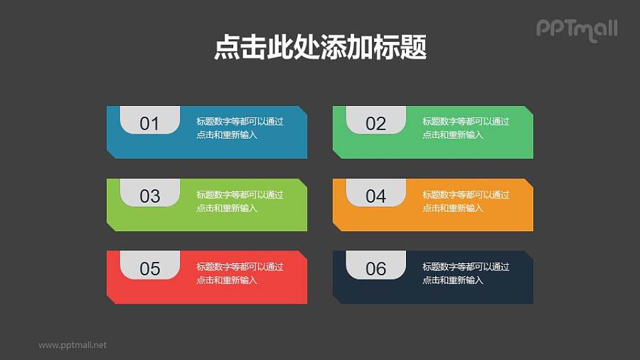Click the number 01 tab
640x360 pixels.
(x=149, y=121)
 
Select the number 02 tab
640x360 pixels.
(x=375, y=121)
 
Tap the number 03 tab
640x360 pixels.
(x=149, y=194)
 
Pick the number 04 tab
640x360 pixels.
(x=375, y=194)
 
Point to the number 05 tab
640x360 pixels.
(x=149, y=266)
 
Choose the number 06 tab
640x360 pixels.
(x=375, y=266)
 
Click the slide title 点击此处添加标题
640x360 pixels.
(x=320, y=48)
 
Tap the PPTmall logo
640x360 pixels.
(x=576, y=29)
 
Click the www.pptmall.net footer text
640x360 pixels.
(x=73, y=345)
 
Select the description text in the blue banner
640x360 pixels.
(x=240, y=128)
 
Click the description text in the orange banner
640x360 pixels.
(x=466, y=201)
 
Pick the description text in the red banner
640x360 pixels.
(x=240, y=273)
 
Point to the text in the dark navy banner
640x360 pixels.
(x=466, y=273)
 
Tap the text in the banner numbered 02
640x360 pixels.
(x=466, y=128)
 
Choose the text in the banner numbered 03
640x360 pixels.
(x=240, y=201)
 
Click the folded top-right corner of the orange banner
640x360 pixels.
(x=529, y=182)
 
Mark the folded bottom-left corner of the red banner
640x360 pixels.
(x=111, y=299)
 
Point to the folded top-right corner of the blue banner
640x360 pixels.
(x=303, y=110)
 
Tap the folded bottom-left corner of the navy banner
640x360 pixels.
(x=337, y=299)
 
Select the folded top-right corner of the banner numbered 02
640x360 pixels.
(x=529, y=110)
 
